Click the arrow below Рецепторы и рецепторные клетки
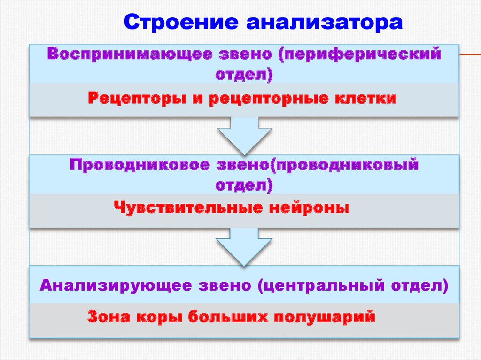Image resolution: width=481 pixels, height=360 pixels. click(244, 135)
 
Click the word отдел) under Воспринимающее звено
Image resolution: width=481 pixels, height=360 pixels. click(244, 75)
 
